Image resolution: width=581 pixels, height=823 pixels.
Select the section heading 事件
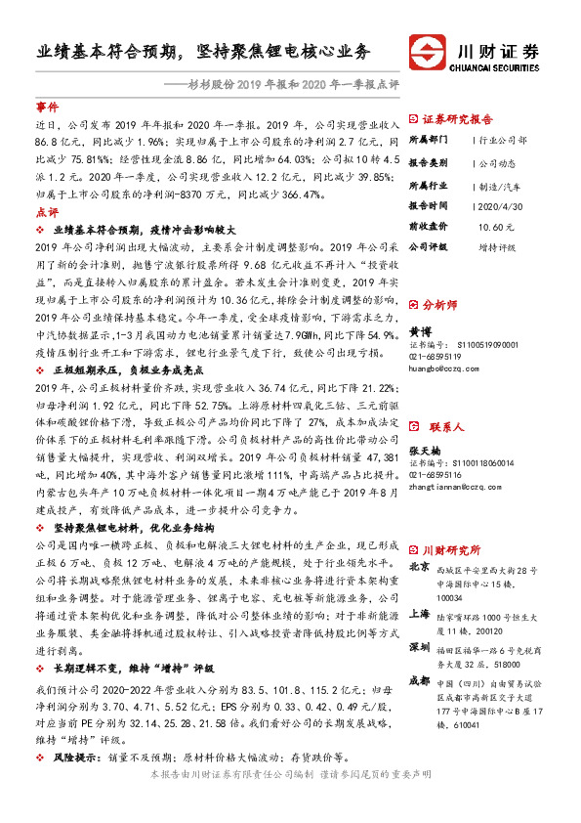tap(47, 106)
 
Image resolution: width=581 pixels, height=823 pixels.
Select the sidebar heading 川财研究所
tap(464, 549)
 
